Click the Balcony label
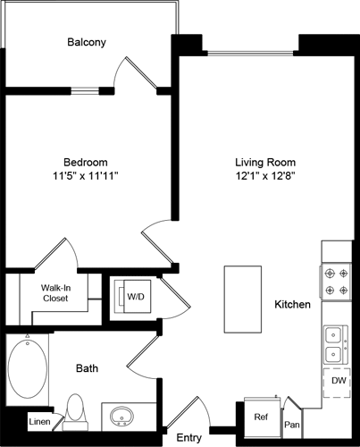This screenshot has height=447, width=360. pyautogui.click(x=87, y=42)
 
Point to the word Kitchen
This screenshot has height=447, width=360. pyautogui.click(x=292, y=305)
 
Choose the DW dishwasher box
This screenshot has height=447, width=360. pyautogui.click(x=337, y=380)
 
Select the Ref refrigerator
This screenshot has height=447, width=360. pyautogui.click(x=261, y=417)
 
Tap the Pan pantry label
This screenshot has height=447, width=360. pyautogui.click(x=292, y=426)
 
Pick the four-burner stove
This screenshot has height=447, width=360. pyautogui.click(x=336, y=282)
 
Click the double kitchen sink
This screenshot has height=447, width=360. pyautogui.click(x=337, y=343)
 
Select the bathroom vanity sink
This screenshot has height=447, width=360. pyautogui.click(x=121, y=417)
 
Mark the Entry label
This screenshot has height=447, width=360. pyautogui.click(x=189, y=437)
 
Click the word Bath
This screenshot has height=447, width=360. pyautogui.click(x=87, y=367)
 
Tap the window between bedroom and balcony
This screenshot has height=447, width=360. pyautogui.click(x=85, y=90)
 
